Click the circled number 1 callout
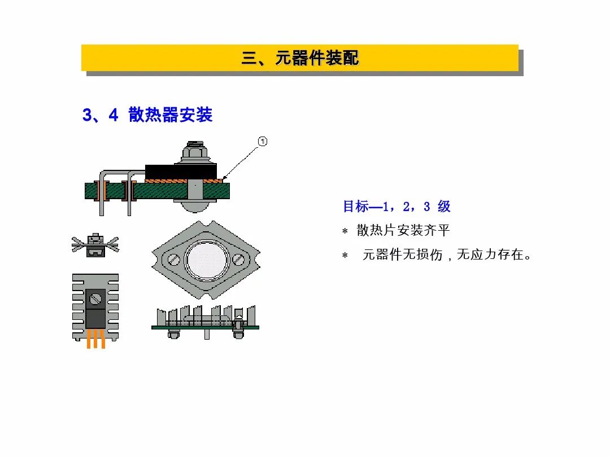pyautogui.click(x=263, y=141)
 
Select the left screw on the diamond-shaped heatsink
pyautogui.click(x=175, y=260)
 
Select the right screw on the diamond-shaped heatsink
pyautogui.click(x=239, y=260)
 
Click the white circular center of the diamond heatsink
pyautogui.click(x=207, y=260)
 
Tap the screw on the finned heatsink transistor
pyautogui.click(x=95, y=297)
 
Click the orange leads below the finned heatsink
pyautogui.click(x=95, y=340)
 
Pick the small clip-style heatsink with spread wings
pyautogui.click(x=95, y=246)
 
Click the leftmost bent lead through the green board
pyautogui.click(x=102, y=192)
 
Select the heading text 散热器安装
pyautogui.click(x=171, y=115)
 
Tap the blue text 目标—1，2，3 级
pyautogui.click(x=396, y=206)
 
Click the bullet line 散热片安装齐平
pyautogui.click(x=403, y=231)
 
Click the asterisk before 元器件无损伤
pyautogui.click(x=345, y=256)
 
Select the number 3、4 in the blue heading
pyautogui.click(x=100, y=115)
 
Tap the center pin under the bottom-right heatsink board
pyautogui.click(x=207, y=333)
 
